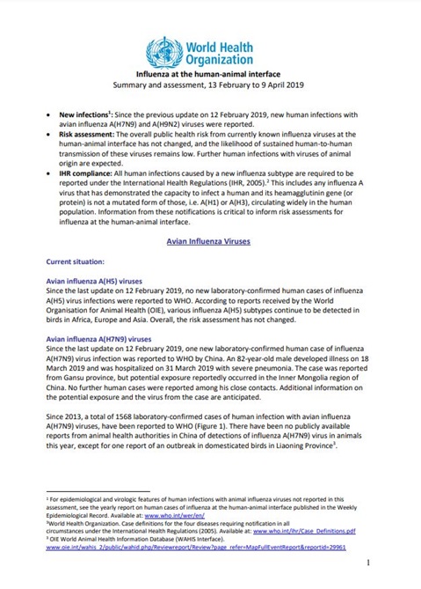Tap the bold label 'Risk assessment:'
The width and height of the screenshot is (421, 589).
click(85, 138)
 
